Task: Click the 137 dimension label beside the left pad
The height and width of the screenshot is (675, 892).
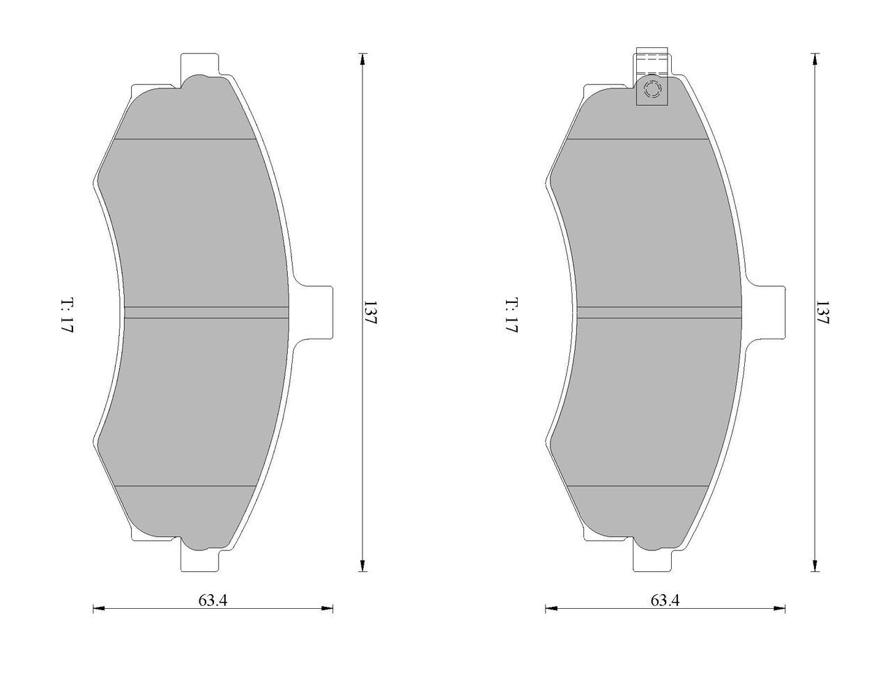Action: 371,312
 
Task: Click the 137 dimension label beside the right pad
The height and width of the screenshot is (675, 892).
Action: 822,312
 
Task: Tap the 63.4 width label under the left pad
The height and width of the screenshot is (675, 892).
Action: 213,600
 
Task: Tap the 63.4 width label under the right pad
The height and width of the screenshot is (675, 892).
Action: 665,600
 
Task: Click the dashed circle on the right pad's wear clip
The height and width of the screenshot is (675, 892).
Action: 652,89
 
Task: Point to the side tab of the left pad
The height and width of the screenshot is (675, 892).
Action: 315,312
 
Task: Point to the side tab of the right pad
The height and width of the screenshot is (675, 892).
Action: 767,312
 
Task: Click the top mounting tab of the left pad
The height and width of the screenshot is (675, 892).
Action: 200,64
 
